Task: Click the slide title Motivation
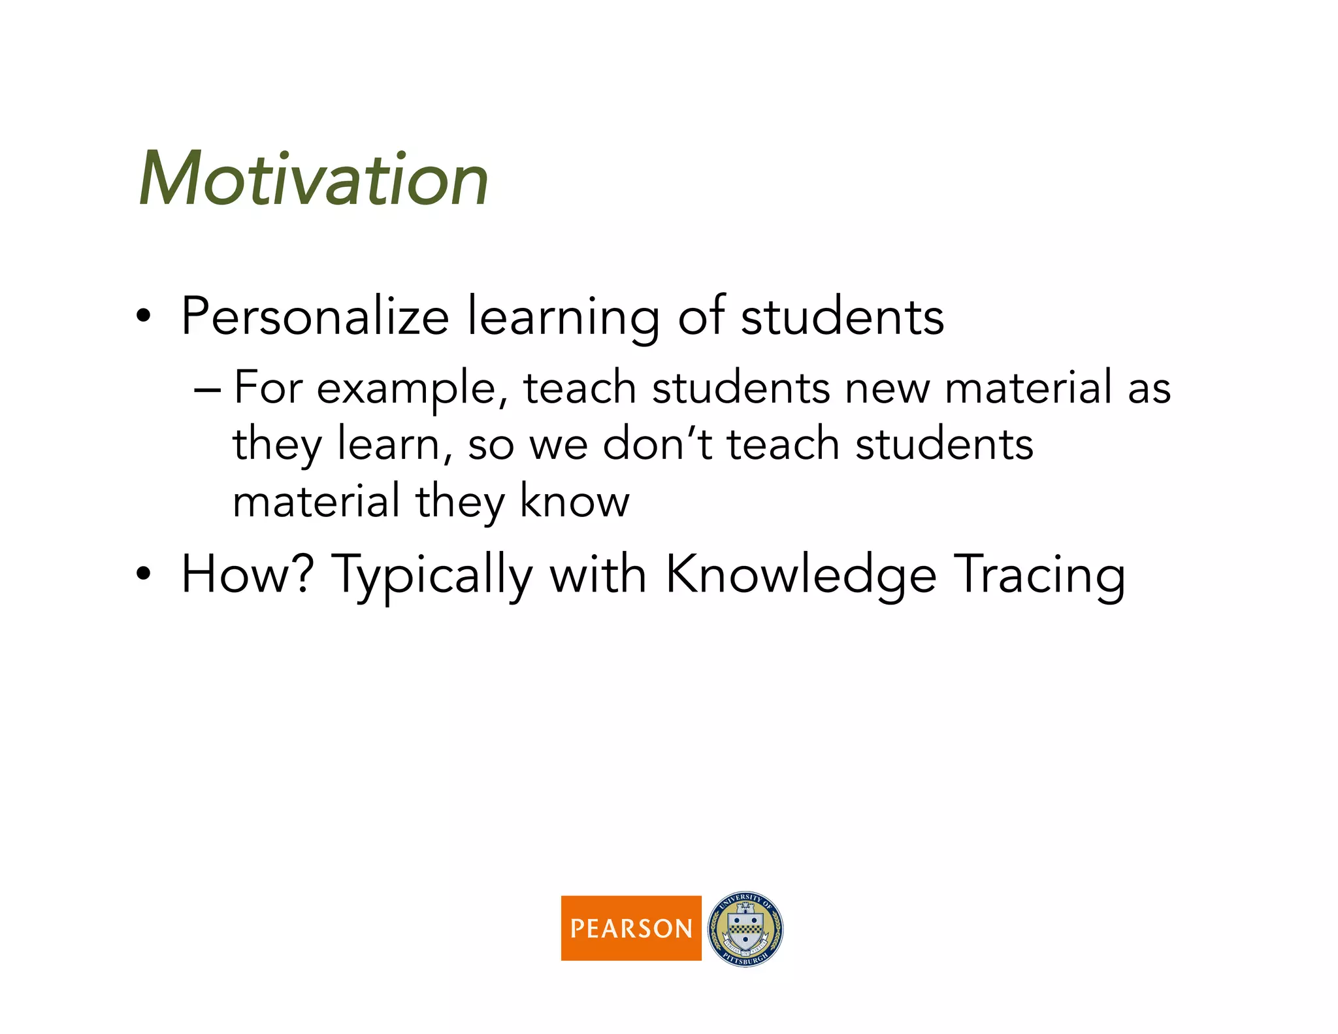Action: pyautogui.click(x=314, y=178)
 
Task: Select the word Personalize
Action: pyautogui.click(x=315, y=316)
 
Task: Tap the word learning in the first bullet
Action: pyautogui.click(x=563, y=318)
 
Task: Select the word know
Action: pyautogui.click(x=575, y=501)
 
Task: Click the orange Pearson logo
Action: pyautogui.click(x=631, y=927)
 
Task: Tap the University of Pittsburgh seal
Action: pyautogui.click(x=745, y=928)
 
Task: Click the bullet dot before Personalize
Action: pyautogui.click(x=144, y=317)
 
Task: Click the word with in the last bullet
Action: pyautogui.click(x=598, y=575)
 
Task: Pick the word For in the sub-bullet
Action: pyautogui.click(x=269, y=388)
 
